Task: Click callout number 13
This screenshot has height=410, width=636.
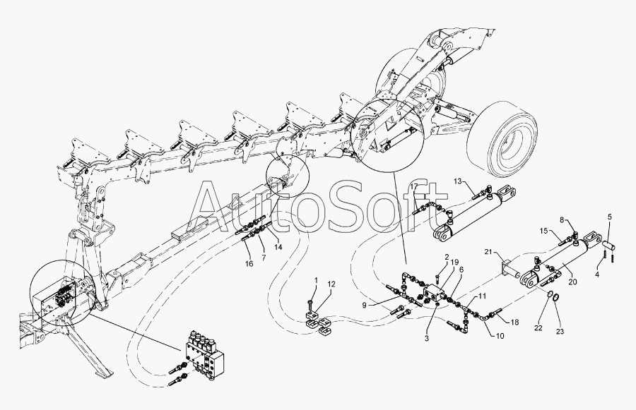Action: (457, 181)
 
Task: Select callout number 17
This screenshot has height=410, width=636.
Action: (415, 186)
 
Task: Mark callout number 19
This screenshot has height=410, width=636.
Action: (456, 263)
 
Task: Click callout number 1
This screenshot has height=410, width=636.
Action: (316, 281)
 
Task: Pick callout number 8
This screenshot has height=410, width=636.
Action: (563, 219)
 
